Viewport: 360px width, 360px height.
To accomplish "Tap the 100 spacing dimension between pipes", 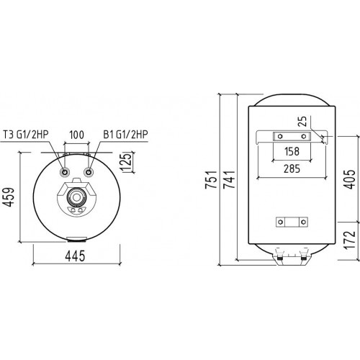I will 77,133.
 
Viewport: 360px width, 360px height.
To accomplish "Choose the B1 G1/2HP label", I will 125,133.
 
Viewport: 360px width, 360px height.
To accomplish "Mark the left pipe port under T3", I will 66,173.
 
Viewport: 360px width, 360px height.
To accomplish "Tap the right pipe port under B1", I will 89,173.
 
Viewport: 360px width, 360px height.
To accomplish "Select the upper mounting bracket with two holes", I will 288,136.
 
